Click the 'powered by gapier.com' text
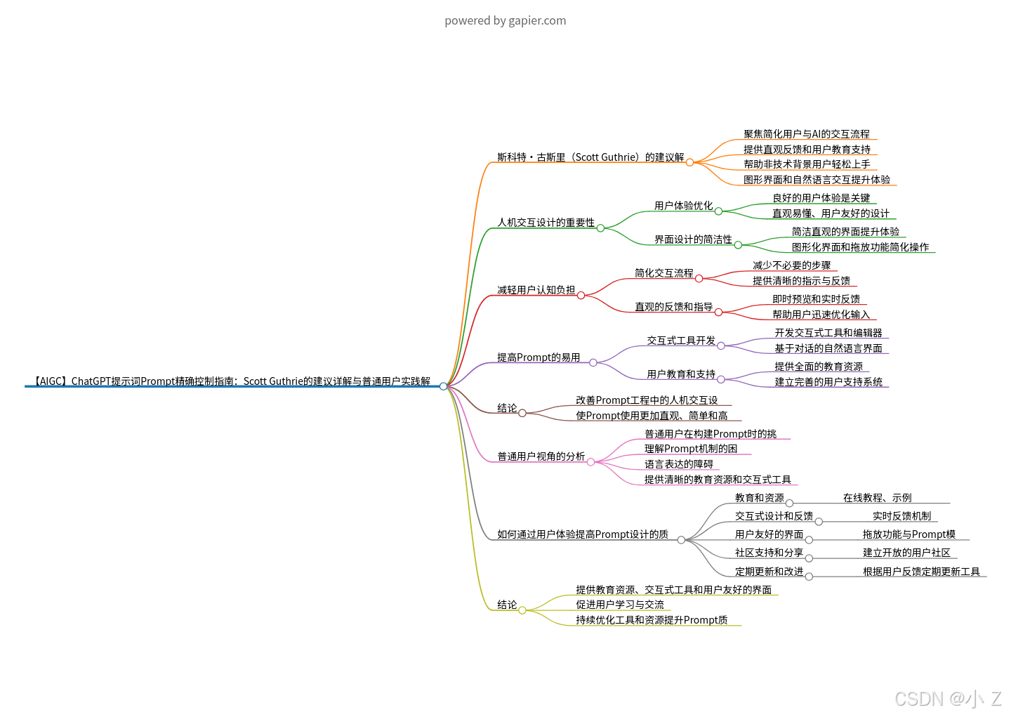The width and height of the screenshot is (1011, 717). coord(505,20)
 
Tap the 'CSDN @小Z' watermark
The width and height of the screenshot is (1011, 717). coord(947,698)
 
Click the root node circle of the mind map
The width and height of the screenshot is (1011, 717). coord(443,386)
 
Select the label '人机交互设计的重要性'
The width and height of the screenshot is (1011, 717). coord(546,223)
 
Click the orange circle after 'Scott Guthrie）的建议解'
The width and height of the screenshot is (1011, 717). coord(689,162)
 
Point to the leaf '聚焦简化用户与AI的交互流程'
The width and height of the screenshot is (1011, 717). coord(806,134)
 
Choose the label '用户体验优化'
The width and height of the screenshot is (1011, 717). coord(683,206)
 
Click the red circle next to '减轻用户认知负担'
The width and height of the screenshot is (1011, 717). coord(581,296)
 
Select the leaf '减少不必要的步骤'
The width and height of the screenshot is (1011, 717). coord(791,265)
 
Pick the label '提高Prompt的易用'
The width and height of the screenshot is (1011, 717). coord(538,357)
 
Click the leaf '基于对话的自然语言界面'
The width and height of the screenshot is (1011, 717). coord(828,348)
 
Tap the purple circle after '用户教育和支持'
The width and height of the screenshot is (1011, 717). coord(721,380)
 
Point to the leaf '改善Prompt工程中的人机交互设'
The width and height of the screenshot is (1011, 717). coord(647,400)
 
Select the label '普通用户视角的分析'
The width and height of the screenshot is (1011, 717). coord(541,456)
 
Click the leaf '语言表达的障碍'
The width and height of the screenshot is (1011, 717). coord(678,464)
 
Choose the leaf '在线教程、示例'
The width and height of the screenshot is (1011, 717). coord(877,498)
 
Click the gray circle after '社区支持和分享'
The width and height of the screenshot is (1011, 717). coord(809,558)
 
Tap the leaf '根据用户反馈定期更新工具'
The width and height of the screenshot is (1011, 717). coord(921,572)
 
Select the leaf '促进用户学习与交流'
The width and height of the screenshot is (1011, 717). coord(619,605)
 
